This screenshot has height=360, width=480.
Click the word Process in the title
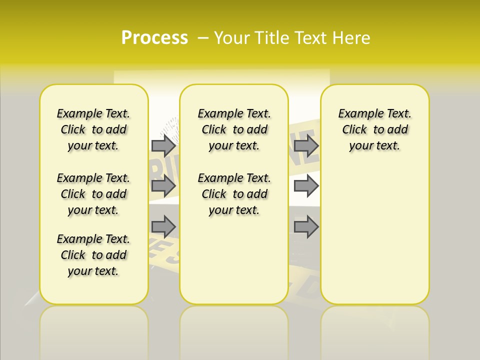[154, 38]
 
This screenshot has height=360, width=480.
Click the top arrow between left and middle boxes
[163, 145]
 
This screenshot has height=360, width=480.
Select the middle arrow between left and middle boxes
[163, 186]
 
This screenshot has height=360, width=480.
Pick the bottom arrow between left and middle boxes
[163, 227]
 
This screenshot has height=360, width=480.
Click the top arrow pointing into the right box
[306, 145]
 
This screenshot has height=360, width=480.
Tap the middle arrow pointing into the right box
[306, 186]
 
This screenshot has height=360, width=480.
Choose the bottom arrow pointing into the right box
[306, 227]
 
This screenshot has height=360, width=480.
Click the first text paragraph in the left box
[93, 129]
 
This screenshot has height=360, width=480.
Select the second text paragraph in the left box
[93, 194]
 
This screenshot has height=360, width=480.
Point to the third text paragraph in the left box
[93, 255]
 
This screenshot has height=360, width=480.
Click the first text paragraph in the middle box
[234, 129]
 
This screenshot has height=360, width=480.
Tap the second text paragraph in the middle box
[234, 194]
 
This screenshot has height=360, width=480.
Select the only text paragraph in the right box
[375, 129]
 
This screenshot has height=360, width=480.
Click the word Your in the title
[230, 38]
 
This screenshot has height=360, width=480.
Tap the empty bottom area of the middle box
[234, 265]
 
